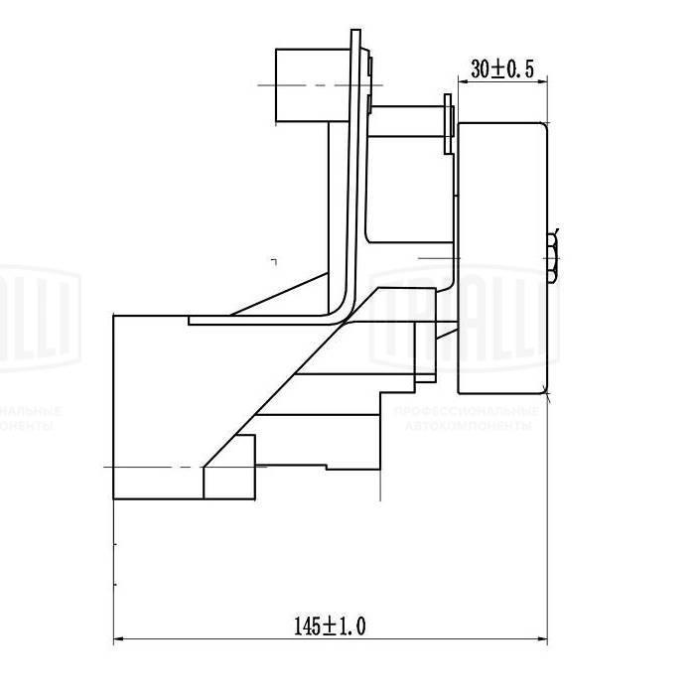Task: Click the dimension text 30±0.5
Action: click(x=503, y=69)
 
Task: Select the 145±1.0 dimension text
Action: click(x=331, y=625)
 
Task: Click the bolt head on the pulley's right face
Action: click(x=552, y=257)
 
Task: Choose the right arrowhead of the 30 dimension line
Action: click(x=544, y=82)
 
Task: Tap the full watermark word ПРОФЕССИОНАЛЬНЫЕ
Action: click(x=466, y=411)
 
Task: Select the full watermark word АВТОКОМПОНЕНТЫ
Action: click(x=466, y=425)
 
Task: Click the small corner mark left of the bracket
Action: click(x=274, y=260)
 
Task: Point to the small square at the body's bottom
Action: click(x=229, y=481)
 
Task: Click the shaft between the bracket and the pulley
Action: click(x=407, y=121)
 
